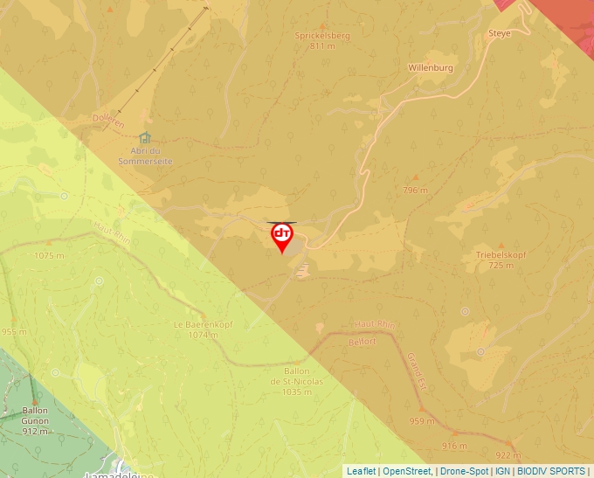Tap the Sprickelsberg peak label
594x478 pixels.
tap(321, 36)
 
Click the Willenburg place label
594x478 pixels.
tap(431, 67)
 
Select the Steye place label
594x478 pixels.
tap(499, 33)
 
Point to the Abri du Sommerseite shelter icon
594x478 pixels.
tap(145, 137)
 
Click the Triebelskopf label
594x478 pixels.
tap(501, 255)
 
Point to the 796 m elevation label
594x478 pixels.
tap(416, 190)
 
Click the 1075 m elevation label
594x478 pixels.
tap(49, 256)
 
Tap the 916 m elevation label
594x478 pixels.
tap(455, 446)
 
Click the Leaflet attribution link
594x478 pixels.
tap(361, 471)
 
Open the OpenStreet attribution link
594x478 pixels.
tap(407, 471)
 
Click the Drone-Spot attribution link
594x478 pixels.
tap(464, 471)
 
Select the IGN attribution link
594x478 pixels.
tap(502, 471)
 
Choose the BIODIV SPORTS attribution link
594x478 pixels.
tap(550, 471)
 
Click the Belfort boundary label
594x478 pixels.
tap(363, 342)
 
